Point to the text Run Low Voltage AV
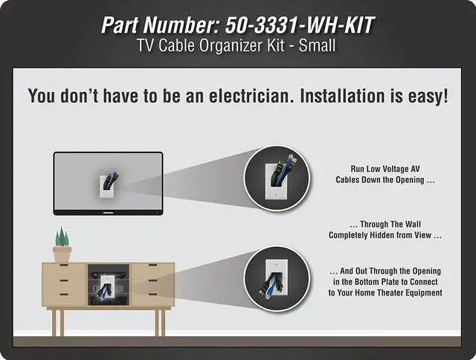click(385, 169)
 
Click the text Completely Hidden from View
click(385, 235)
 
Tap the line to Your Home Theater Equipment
click(385, 293)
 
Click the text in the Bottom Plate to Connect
click(385, 283)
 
